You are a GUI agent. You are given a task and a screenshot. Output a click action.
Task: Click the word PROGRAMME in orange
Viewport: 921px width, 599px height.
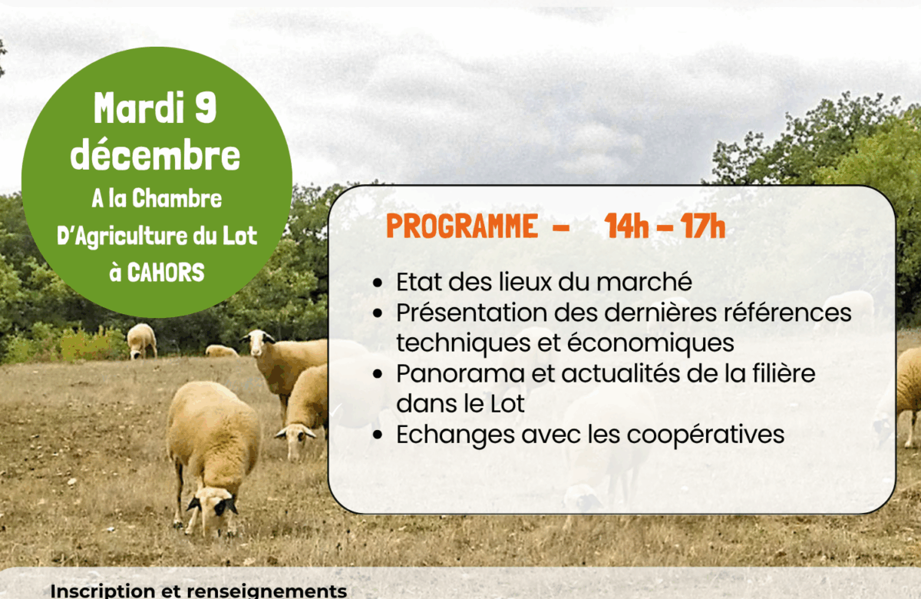click(461, 227)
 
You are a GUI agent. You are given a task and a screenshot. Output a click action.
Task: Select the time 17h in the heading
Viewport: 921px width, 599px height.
click(703, 227)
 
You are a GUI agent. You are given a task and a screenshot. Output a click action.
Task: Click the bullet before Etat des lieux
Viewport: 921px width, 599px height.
click(378, 283)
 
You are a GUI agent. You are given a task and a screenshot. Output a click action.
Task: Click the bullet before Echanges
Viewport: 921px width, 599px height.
click(378, 435)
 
